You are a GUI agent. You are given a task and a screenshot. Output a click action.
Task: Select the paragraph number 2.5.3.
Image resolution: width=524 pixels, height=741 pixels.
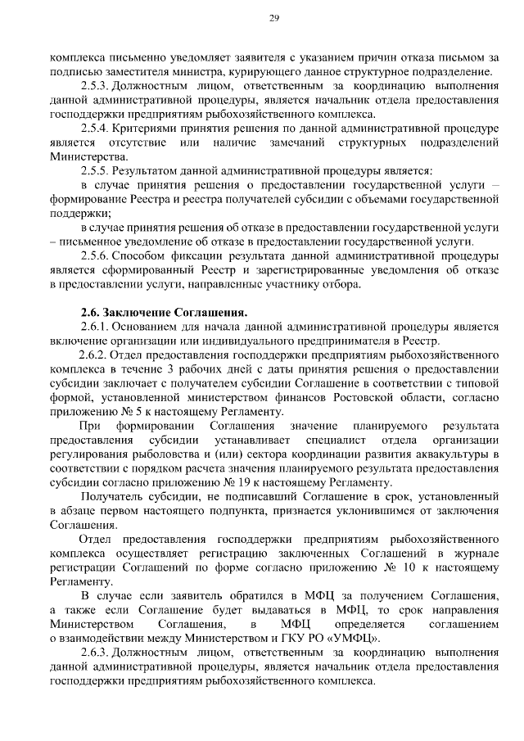(x=95, y=86)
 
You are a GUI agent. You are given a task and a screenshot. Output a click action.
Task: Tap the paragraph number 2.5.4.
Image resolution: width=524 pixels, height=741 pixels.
(x=95, y=129)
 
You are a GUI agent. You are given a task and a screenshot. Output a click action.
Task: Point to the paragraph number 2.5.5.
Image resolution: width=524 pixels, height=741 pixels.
(x=95, y=171)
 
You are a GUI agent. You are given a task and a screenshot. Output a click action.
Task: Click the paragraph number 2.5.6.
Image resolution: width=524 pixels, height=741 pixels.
(x=95, y=256)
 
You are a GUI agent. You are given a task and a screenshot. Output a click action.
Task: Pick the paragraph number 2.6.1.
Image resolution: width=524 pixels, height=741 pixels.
(x=95, y=327)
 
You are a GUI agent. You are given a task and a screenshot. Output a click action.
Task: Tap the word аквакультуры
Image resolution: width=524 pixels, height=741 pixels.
(x=445, y=454)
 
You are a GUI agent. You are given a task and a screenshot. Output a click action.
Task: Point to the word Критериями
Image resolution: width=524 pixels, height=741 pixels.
(x=142, y=129)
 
